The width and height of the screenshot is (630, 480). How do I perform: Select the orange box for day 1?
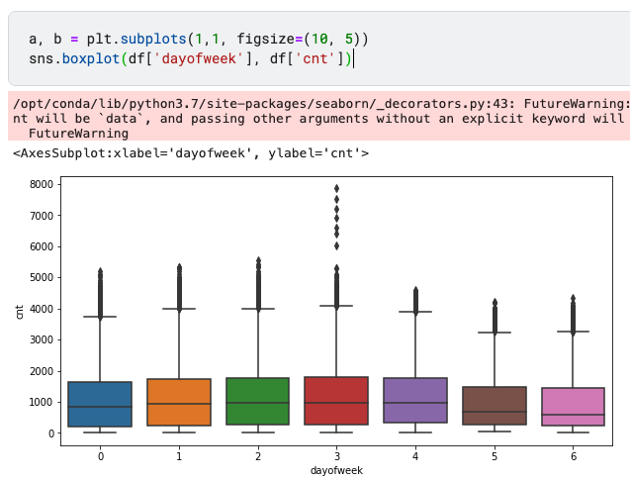point(179,402)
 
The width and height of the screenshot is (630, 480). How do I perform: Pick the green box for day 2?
point(257,401)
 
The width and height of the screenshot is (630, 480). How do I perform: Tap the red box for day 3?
point(336,401)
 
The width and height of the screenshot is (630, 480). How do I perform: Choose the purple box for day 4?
point(415,401)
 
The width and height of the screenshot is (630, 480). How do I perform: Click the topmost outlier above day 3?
point(336,188)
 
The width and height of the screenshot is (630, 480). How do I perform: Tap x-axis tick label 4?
point(415,456)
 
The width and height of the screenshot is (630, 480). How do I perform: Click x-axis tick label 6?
point(573,456)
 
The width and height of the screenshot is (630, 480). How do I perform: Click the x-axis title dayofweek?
point(336,471)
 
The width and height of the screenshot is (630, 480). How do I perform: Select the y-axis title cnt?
point(19,311)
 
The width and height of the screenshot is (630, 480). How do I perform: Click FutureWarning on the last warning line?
point(72,132)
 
